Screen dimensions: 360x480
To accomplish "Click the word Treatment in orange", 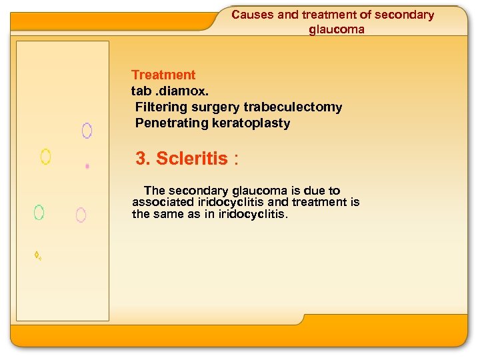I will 163,75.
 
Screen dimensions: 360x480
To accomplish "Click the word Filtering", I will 162,107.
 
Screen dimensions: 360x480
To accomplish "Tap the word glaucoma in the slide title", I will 337,29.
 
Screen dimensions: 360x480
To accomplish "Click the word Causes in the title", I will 252,15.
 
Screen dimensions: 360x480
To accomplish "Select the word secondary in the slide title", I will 404,15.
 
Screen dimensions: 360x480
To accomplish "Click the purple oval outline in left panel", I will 87,131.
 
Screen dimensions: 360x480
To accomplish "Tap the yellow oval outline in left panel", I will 45,157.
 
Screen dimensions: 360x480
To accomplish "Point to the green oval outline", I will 39,213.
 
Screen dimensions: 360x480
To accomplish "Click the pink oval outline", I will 81,215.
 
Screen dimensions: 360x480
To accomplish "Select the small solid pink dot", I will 87,166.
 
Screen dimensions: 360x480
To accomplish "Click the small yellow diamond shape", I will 37,255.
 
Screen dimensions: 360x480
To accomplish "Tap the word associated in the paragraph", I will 163,202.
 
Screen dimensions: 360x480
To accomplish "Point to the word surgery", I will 217,107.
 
